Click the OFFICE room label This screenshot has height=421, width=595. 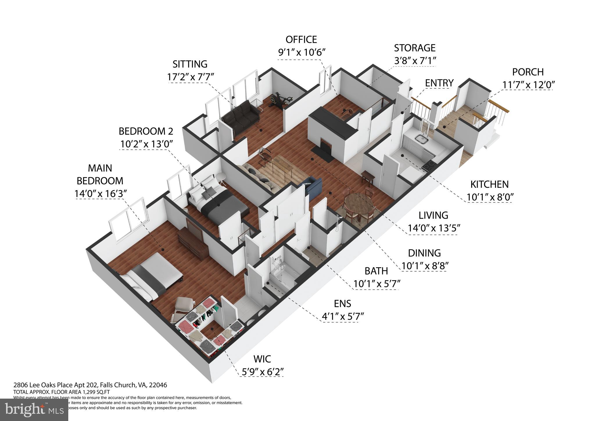301,40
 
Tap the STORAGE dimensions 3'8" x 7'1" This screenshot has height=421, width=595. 415,61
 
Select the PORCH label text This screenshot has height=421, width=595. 528,72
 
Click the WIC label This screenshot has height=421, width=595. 262,359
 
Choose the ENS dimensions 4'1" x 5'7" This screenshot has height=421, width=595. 343,316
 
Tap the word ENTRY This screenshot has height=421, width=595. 439,83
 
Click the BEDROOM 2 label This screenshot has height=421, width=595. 146,131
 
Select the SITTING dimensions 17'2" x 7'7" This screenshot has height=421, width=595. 190,77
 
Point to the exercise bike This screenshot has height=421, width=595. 277,100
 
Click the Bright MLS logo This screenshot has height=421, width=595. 34,410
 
